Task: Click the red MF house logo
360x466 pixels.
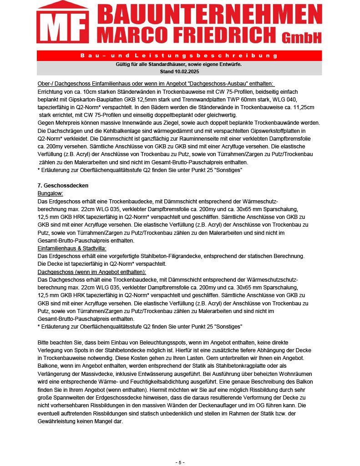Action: click(x=62, y=24)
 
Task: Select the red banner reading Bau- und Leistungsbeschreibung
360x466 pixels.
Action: click(x=179, y=56)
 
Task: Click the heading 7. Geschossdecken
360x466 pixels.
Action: click(x=63, y=186)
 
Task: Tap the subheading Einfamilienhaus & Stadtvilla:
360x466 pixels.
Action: click(x=72, y=248)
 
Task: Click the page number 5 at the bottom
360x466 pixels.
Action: click(x=180, y=462)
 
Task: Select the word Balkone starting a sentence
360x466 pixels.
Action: click(x=48, y=365)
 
